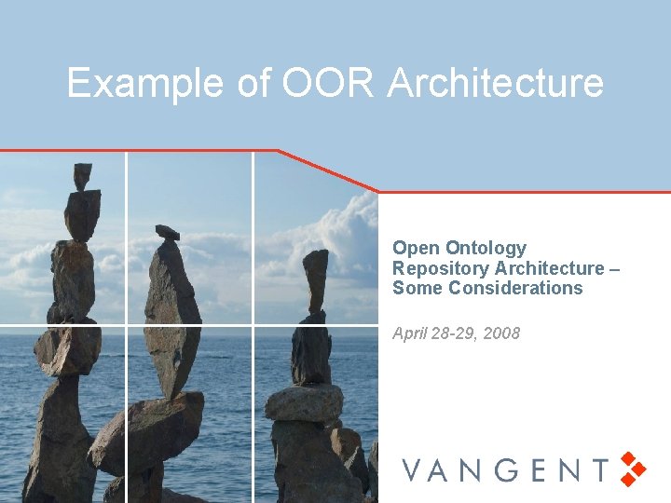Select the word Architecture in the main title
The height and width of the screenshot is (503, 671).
coord(496,83)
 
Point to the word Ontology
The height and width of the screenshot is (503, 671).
coord(486,249)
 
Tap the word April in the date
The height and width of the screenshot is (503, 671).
coord(411,333)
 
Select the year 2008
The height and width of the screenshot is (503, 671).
coord(501,333)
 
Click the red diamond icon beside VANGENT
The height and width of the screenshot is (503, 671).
coord(634,469)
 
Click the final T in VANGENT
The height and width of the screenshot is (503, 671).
coord(599,469)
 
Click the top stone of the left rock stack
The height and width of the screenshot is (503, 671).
coord(83,175)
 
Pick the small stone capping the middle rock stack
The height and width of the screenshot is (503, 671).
coord(167,232)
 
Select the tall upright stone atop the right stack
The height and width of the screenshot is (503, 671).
coord(316,280)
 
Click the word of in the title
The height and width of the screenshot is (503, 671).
coord(253,83)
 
